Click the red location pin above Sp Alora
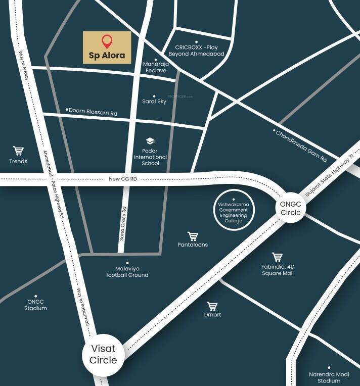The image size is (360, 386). pos(107,41)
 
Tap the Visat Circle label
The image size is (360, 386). pos(103,354)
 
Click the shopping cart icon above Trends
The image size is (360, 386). pos(19,151)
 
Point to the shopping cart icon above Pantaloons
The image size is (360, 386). pos(193,236)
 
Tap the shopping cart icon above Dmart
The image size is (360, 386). pos(212,306)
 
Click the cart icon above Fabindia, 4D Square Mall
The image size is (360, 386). pos(277,257)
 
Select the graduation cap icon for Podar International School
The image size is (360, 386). pos(150,141)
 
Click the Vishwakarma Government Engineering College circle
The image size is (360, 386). pos(233,211)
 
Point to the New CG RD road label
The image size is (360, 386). pos(123,179)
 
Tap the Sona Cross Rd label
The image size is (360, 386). pos(124,222)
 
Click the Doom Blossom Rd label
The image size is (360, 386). pos(93,112)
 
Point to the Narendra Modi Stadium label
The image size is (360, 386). pos(329,377)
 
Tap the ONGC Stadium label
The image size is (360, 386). pos(35,305)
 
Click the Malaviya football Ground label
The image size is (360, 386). pos(127,272)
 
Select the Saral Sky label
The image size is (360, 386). pos(155,102)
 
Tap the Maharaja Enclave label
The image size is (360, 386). pos(155,67)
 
